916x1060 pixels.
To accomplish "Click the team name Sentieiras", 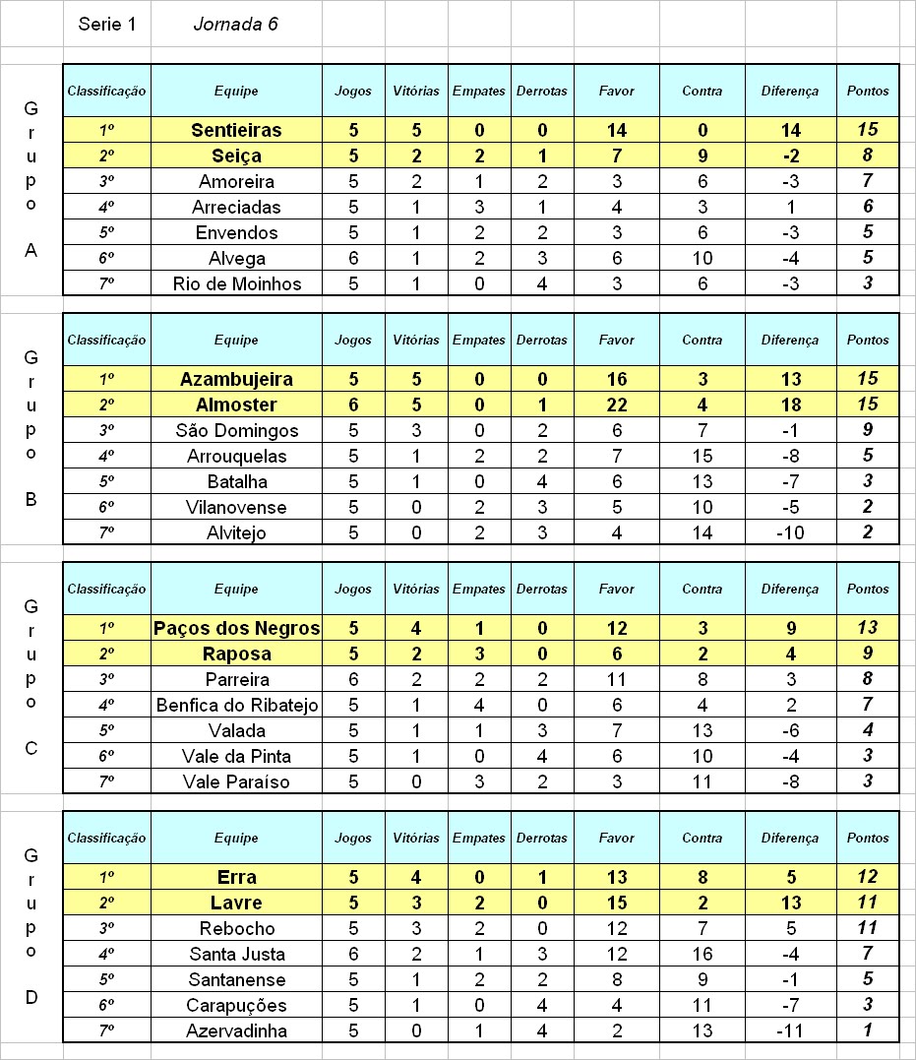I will click(236, 130).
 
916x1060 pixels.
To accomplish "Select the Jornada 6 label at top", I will click(235, 25).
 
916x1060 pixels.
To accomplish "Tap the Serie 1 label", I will click(106, 25).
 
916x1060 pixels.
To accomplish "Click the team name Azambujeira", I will click(236, 379).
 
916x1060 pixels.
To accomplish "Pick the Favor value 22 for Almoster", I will click(616, 405).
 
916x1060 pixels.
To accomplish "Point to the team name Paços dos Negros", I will click(236, 628).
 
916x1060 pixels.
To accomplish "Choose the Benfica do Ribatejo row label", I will click(236, 705).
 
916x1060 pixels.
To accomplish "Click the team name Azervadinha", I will click(236, 1030).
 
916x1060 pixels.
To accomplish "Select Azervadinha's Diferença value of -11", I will click(789, 1030).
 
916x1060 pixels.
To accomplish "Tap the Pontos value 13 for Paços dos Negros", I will click(867, 628).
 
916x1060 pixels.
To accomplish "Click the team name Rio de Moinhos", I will click(236, 283).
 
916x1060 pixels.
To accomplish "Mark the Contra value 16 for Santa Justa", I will click(702, 954).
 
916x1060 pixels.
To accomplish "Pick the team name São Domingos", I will click(236, 430).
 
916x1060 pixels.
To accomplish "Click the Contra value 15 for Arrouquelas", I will click(702, 456).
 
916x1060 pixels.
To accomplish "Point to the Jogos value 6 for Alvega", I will click(353, 258).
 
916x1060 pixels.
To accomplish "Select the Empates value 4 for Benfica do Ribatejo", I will click(478, 705).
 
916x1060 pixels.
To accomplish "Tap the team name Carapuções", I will click(236, 1005).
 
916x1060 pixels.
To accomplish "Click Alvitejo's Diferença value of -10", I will click(789, 532).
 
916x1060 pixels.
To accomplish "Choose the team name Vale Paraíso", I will click(236, 781).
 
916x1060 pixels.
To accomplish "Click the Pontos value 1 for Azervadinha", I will click(867, 1030).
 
